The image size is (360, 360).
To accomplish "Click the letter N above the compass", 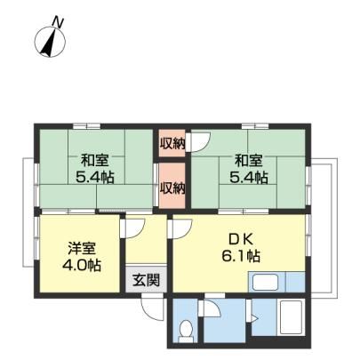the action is coord(58,23).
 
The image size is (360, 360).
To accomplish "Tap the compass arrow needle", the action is coord(50,43).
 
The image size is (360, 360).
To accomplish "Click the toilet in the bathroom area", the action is coord(186,331).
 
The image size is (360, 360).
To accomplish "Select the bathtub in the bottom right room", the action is coord(291,317).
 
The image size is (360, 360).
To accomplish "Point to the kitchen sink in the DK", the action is coord(265,283).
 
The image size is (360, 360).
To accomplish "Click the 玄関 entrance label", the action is coord(146,280).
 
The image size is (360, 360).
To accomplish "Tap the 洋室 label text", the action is coord(82,249).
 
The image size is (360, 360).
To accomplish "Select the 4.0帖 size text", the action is coord(82,266).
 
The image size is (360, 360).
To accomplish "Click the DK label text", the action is coord(241,239).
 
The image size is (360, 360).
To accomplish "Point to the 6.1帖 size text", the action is coord(241,256).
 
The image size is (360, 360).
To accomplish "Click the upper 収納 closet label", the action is coord(172,143).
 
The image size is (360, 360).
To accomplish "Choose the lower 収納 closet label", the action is coord(172,188).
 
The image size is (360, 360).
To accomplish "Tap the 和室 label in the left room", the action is coord(95,161).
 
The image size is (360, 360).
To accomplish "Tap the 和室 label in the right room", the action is coord(249,161).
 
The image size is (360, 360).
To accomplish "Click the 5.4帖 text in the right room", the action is coord(249,178).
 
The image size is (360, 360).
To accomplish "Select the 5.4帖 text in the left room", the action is coord(95,178).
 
